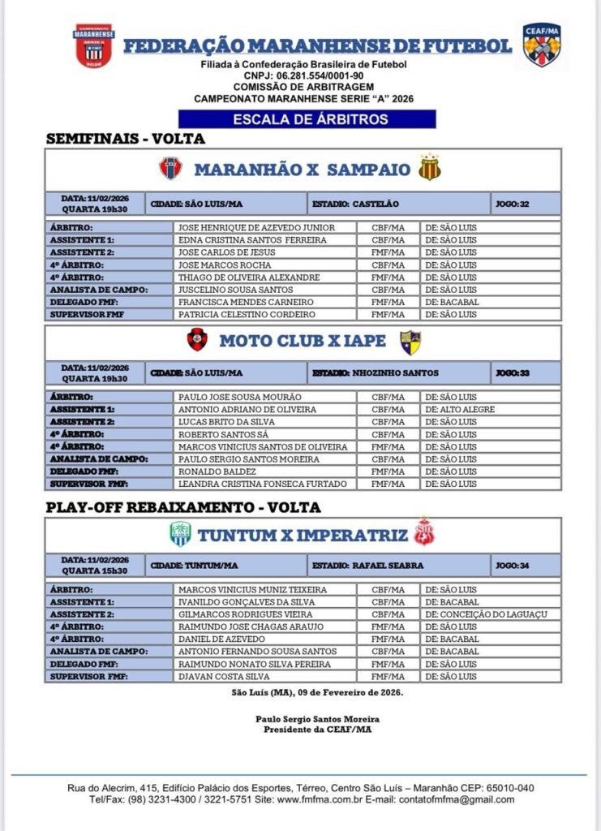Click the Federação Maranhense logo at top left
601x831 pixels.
95,45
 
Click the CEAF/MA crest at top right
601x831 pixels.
541,45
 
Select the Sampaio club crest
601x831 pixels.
430,169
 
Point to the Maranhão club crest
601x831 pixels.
170,169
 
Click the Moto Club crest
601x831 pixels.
197,339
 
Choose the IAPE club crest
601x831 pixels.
410,342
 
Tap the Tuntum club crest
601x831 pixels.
180,534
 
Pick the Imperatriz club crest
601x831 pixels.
424,532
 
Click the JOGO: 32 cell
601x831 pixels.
526,204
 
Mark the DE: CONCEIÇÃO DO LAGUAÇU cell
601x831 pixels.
490,614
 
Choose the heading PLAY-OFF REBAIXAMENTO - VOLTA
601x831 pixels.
183,507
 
